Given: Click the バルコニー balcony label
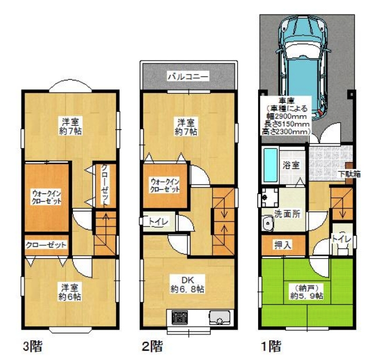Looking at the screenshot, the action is point(188,76).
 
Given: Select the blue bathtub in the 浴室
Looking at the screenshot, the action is point(270,165).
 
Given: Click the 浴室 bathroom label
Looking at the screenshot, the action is point(291,165).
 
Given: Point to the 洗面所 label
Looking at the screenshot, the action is point(287,214).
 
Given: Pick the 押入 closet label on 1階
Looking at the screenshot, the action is point(283,245).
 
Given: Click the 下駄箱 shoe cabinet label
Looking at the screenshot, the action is point(349,174).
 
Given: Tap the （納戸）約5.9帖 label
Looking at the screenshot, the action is point(306,291).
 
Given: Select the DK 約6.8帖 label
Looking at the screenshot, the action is point(188,284).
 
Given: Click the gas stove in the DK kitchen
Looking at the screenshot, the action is point(179,317).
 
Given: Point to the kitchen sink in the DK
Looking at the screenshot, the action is point(220,317).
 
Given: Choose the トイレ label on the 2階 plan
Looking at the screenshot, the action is point(158,221).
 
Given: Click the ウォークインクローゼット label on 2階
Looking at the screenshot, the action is point(165,185).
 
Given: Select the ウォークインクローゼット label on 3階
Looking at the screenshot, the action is point(47,197).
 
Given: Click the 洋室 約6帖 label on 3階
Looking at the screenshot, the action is point(70,292).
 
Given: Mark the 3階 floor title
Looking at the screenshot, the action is point(33,346).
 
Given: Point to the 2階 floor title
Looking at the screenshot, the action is point(152,346).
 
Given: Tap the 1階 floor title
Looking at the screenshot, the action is point(271,346).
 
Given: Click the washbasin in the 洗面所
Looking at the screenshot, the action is point(268,223).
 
